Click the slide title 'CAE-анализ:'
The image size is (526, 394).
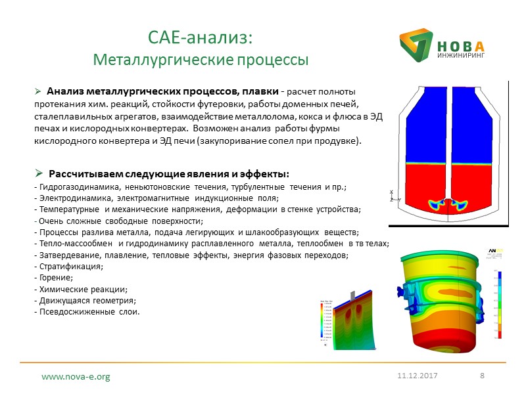click(200, 38)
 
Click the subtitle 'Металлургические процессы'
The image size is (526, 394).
click(201, 60)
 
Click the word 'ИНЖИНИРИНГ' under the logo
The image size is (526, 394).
click(460, 56)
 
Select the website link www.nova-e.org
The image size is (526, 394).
click(76, 377)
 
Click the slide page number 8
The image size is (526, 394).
click(483, 375)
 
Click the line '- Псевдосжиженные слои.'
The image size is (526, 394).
click(87, 311)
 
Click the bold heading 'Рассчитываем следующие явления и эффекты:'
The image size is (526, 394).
click(168, 174)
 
